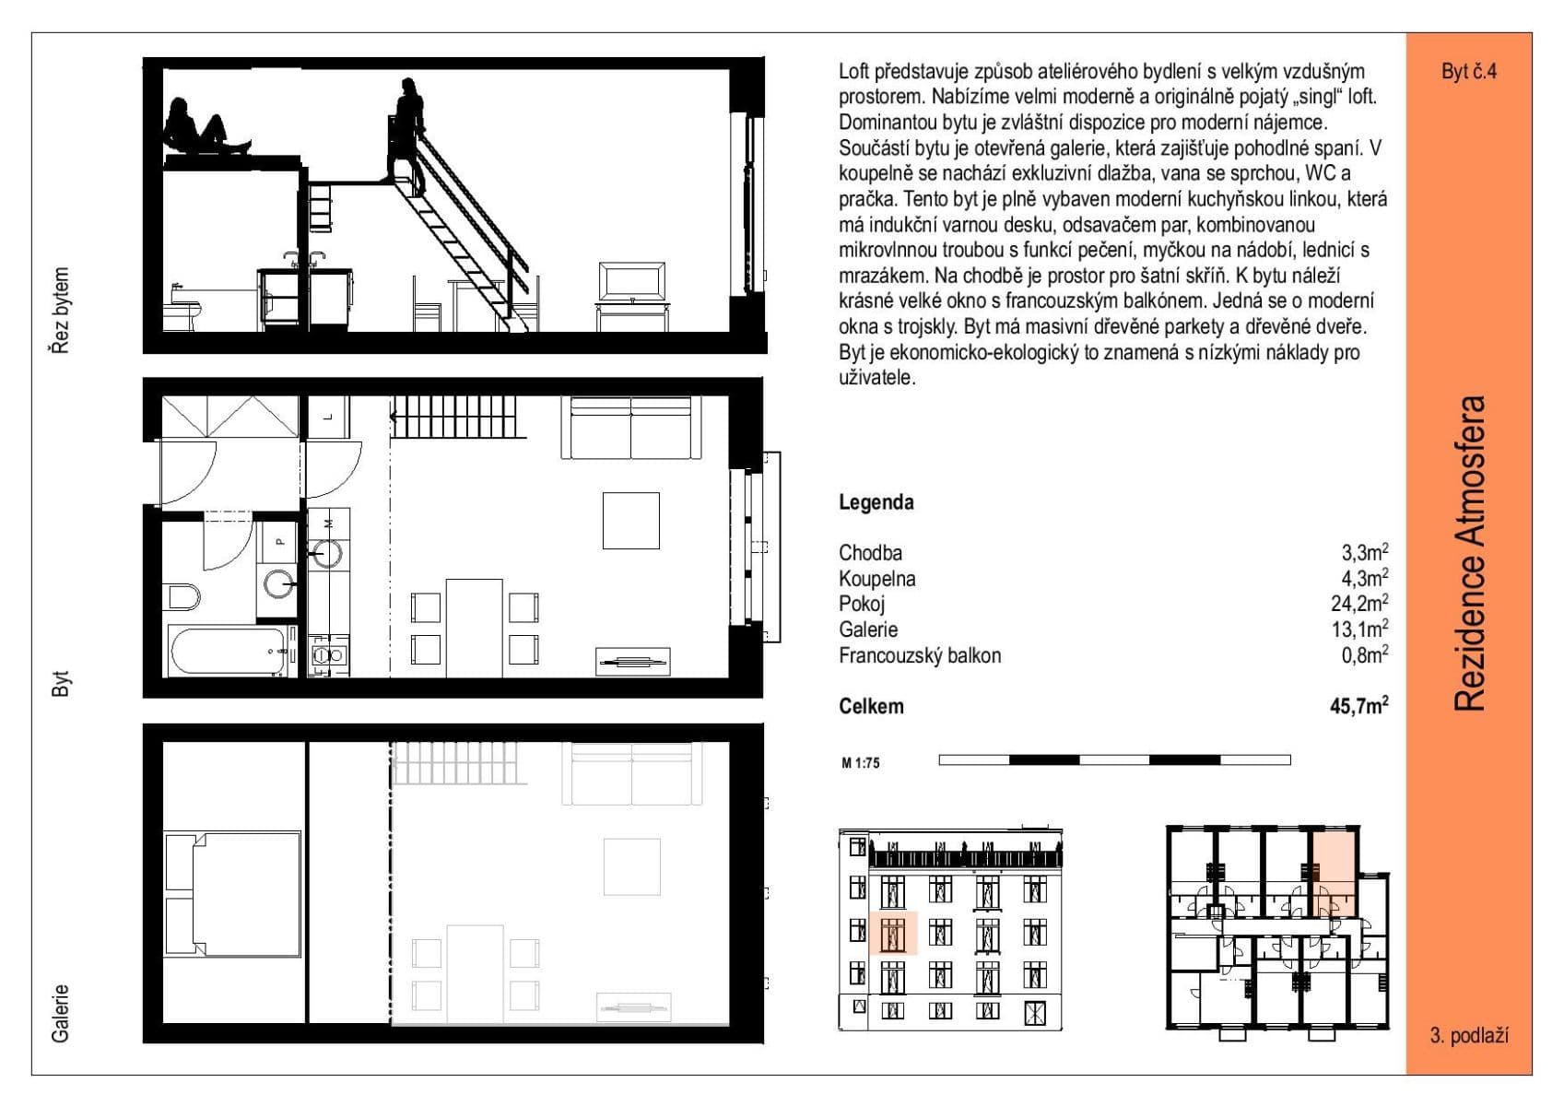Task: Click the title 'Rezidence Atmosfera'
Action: pos(1470,553)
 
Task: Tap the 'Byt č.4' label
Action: pos(1468,71)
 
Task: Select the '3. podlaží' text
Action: pos(1468,1035)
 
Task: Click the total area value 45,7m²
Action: pos(1358,707)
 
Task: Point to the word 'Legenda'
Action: pos(876,502)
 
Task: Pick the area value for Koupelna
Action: pos(1364,579)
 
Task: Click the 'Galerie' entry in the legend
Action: pos(867,629)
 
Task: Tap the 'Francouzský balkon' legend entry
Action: pos(919,655)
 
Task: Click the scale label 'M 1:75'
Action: pos(861,762)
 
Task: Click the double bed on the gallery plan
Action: pos(232,894)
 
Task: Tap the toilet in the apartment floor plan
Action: pos(183,596)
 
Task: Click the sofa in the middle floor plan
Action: pos(631,427)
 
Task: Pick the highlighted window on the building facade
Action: pos(893,932)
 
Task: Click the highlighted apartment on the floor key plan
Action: pos(1333,871)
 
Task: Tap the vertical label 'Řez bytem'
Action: pos(60,311)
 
